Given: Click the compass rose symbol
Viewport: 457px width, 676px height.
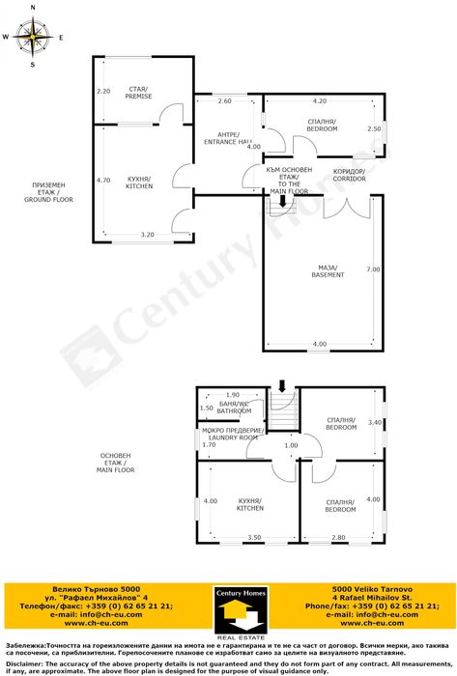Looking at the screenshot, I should tap(34, 37).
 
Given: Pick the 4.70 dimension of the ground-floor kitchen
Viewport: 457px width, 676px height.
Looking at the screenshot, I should tap(104, 180).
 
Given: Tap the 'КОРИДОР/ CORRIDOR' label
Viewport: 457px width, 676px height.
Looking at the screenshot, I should tap(348, 175).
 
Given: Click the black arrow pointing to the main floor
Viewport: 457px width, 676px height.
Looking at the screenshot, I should tap(282, 201).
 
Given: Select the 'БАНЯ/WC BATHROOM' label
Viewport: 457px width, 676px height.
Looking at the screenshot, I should tap(234, 408).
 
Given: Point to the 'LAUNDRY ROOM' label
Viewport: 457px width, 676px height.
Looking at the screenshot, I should tap(234, 437).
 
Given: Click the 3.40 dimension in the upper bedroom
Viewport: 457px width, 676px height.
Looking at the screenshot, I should tap(377, 422).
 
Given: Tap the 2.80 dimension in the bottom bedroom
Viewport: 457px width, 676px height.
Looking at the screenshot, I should tap(338, 537).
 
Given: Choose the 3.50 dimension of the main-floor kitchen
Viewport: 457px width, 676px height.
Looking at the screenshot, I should tap(254, 537).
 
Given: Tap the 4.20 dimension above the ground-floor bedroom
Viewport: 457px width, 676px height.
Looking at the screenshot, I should tap(319, 100).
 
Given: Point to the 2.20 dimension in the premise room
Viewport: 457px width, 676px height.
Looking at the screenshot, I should tap(104, 91).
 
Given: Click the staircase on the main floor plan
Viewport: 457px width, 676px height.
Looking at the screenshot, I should tap(282, 410).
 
